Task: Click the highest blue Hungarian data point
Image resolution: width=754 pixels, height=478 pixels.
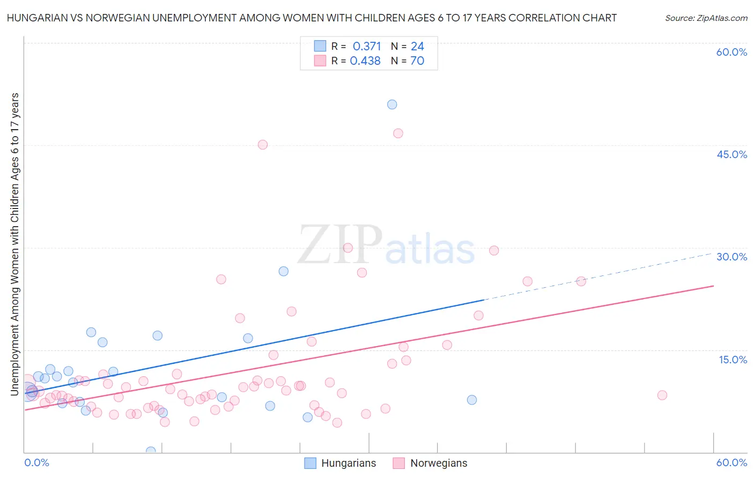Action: click(x=392, y=104)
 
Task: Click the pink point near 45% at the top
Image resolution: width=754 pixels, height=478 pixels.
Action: click(x=263, y=145)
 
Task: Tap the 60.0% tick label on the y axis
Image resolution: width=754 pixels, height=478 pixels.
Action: click(x=731, y=52)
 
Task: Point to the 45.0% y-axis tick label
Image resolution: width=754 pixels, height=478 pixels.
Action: click(x=731, y=154)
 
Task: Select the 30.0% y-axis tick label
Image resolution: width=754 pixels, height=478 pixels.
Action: click(x=731, y=257)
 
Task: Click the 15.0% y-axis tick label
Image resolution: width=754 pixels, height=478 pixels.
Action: click(x=733, y=360)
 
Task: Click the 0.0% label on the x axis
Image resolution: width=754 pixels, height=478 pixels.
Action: click(x=36, y=462)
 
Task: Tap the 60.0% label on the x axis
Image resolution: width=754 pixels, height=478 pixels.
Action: click(x=731, y=462)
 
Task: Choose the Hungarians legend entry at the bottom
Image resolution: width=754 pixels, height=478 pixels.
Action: click(x=341, y=463)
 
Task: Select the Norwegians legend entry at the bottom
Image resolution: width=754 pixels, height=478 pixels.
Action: click(x=430, y=463)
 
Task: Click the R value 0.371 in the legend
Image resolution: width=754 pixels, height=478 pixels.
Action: click(x=367, y=47)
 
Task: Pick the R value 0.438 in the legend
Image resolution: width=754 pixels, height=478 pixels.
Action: click(x=365, y=61)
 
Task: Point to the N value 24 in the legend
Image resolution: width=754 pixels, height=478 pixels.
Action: click(x=417, y=47)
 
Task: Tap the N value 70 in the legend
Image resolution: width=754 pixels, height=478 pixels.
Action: click(x=417, y=61)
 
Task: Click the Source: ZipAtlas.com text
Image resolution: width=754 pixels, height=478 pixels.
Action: click(x=706, y=18)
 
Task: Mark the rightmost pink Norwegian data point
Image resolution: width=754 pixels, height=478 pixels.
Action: click(x=662, y=395)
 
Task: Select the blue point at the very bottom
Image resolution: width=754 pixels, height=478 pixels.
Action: click(x=151, y=452)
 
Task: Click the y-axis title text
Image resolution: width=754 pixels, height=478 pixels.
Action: click(x=15, y=244)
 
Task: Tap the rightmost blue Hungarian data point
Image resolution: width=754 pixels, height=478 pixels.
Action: click(x=472, y=400)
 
